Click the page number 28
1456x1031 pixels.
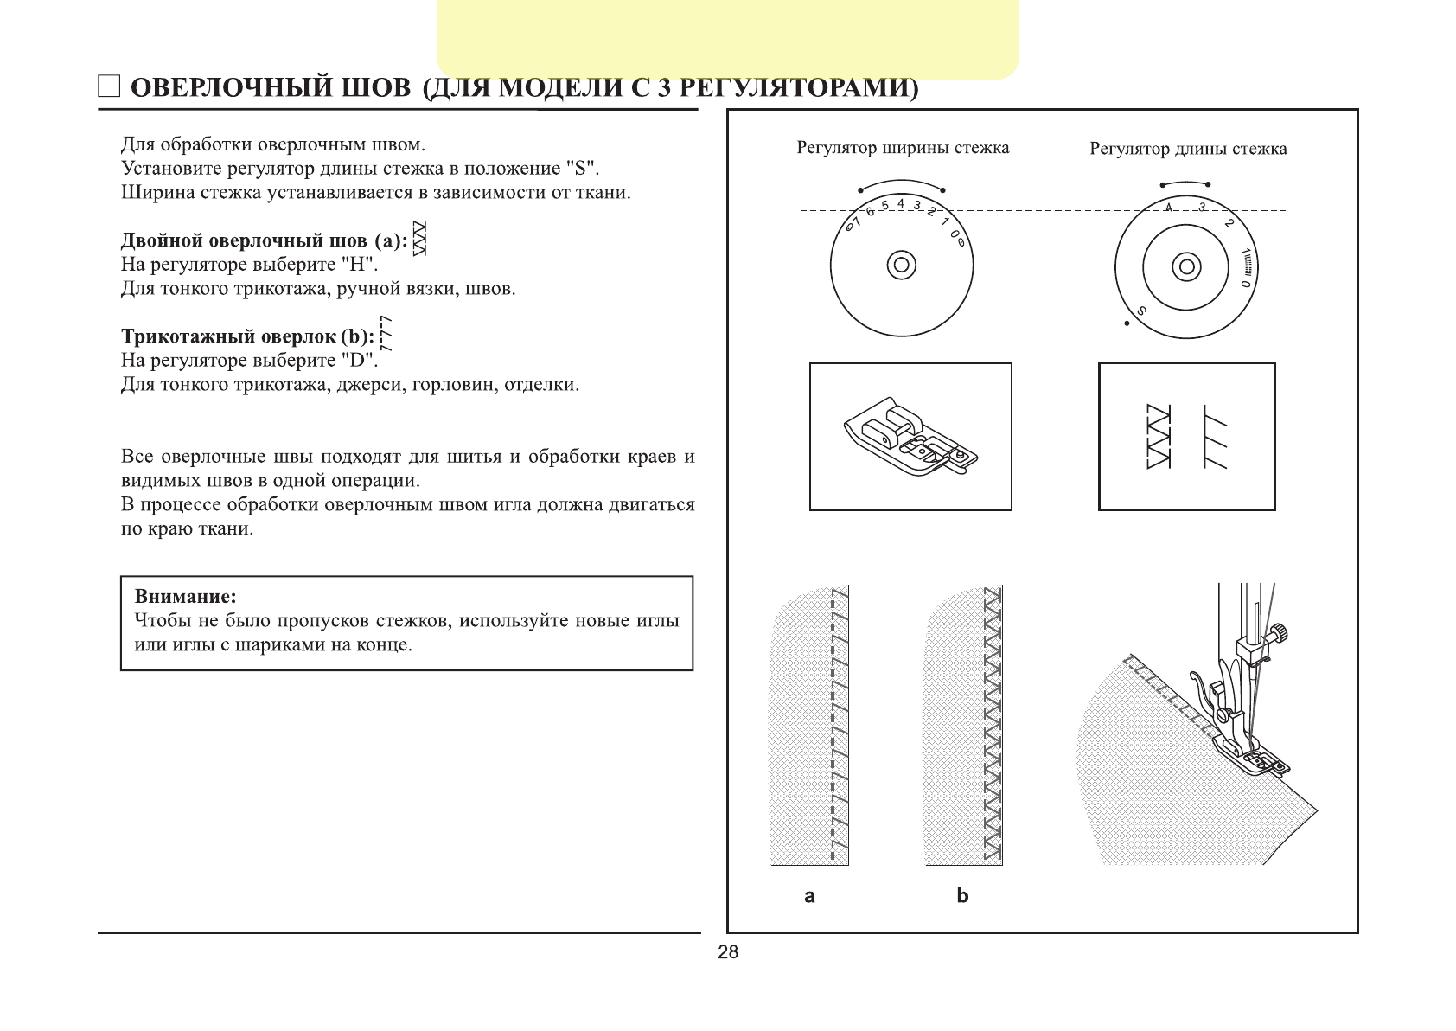tap(728, 952)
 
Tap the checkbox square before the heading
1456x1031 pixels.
tap(108, 86)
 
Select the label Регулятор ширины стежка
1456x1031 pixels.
tap(903, 148)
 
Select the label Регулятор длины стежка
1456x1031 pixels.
tap(1188, 149)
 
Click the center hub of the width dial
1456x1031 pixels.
tap(902, 265)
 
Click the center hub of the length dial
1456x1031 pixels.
tap(1186, 266)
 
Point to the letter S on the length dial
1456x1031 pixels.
tap(1142, 311)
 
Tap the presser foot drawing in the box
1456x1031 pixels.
tap(910, 437)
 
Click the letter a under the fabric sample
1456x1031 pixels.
tap(809, 896)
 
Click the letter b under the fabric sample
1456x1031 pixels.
tap(962, 896)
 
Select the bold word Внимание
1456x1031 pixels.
tap(185, 597)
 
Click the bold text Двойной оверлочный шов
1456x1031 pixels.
tap(246, 241)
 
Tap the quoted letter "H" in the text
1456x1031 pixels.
tap(357, 265)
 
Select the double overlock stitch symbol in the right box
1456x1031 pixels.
tap(1158, 437)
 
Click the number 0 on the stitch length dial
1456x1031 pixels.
tap(1245, 283)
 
